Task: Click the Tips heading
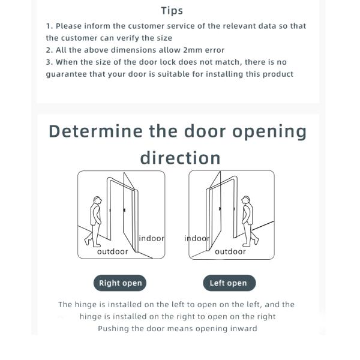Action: (172, 11)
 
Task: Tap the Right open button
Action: (120, 283)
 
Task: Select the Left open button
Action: (229, 283)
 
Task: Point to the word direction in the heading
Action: (180, 158)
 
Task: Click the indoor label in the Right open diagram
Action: (152, 238)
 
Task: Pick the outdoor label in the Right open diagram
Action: (113, 251)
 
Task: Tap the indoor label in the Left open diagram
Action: (197, 238)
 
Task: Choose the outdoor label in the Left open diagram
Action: (230, 251)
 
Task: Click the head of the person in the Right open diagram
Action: (97, 200)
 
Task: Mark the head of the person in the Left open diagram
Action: (246, 200)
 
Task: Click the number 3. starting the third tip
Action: (49, 62)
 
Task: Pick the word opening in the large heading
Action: (269, 132)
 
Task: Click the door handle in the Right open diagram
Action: (124, 210)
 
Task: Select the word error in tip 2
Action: (215, 50)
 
